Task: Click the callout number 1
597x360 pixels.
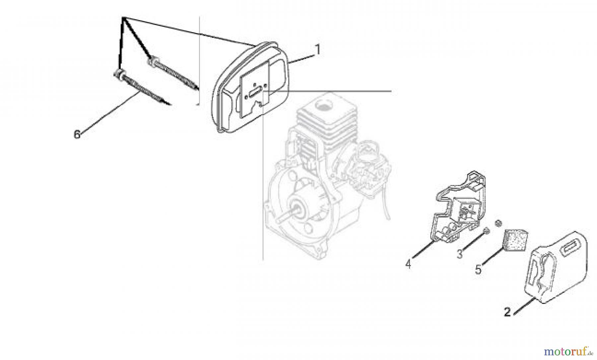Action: click(x=317, y=50)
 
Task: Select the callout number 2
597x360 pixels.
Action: click(x=507, y=312)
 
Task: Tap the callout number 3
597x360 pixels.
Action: click(x=459, y=254)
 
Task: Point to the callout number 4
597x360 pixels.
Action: click(x=408, y=264)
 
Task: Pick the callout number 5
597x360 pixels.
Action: click(x=478, y=269)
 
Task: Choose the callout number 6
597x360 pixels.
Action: click(x=77, y=135)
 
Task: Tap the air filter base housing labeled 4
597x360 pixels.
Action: click(x=460, y=209)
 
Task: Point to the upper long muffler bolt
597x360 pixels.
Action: click(x=174, y=75)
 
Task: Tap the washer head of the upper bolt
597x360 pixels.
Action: click(x=153, y=62)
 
